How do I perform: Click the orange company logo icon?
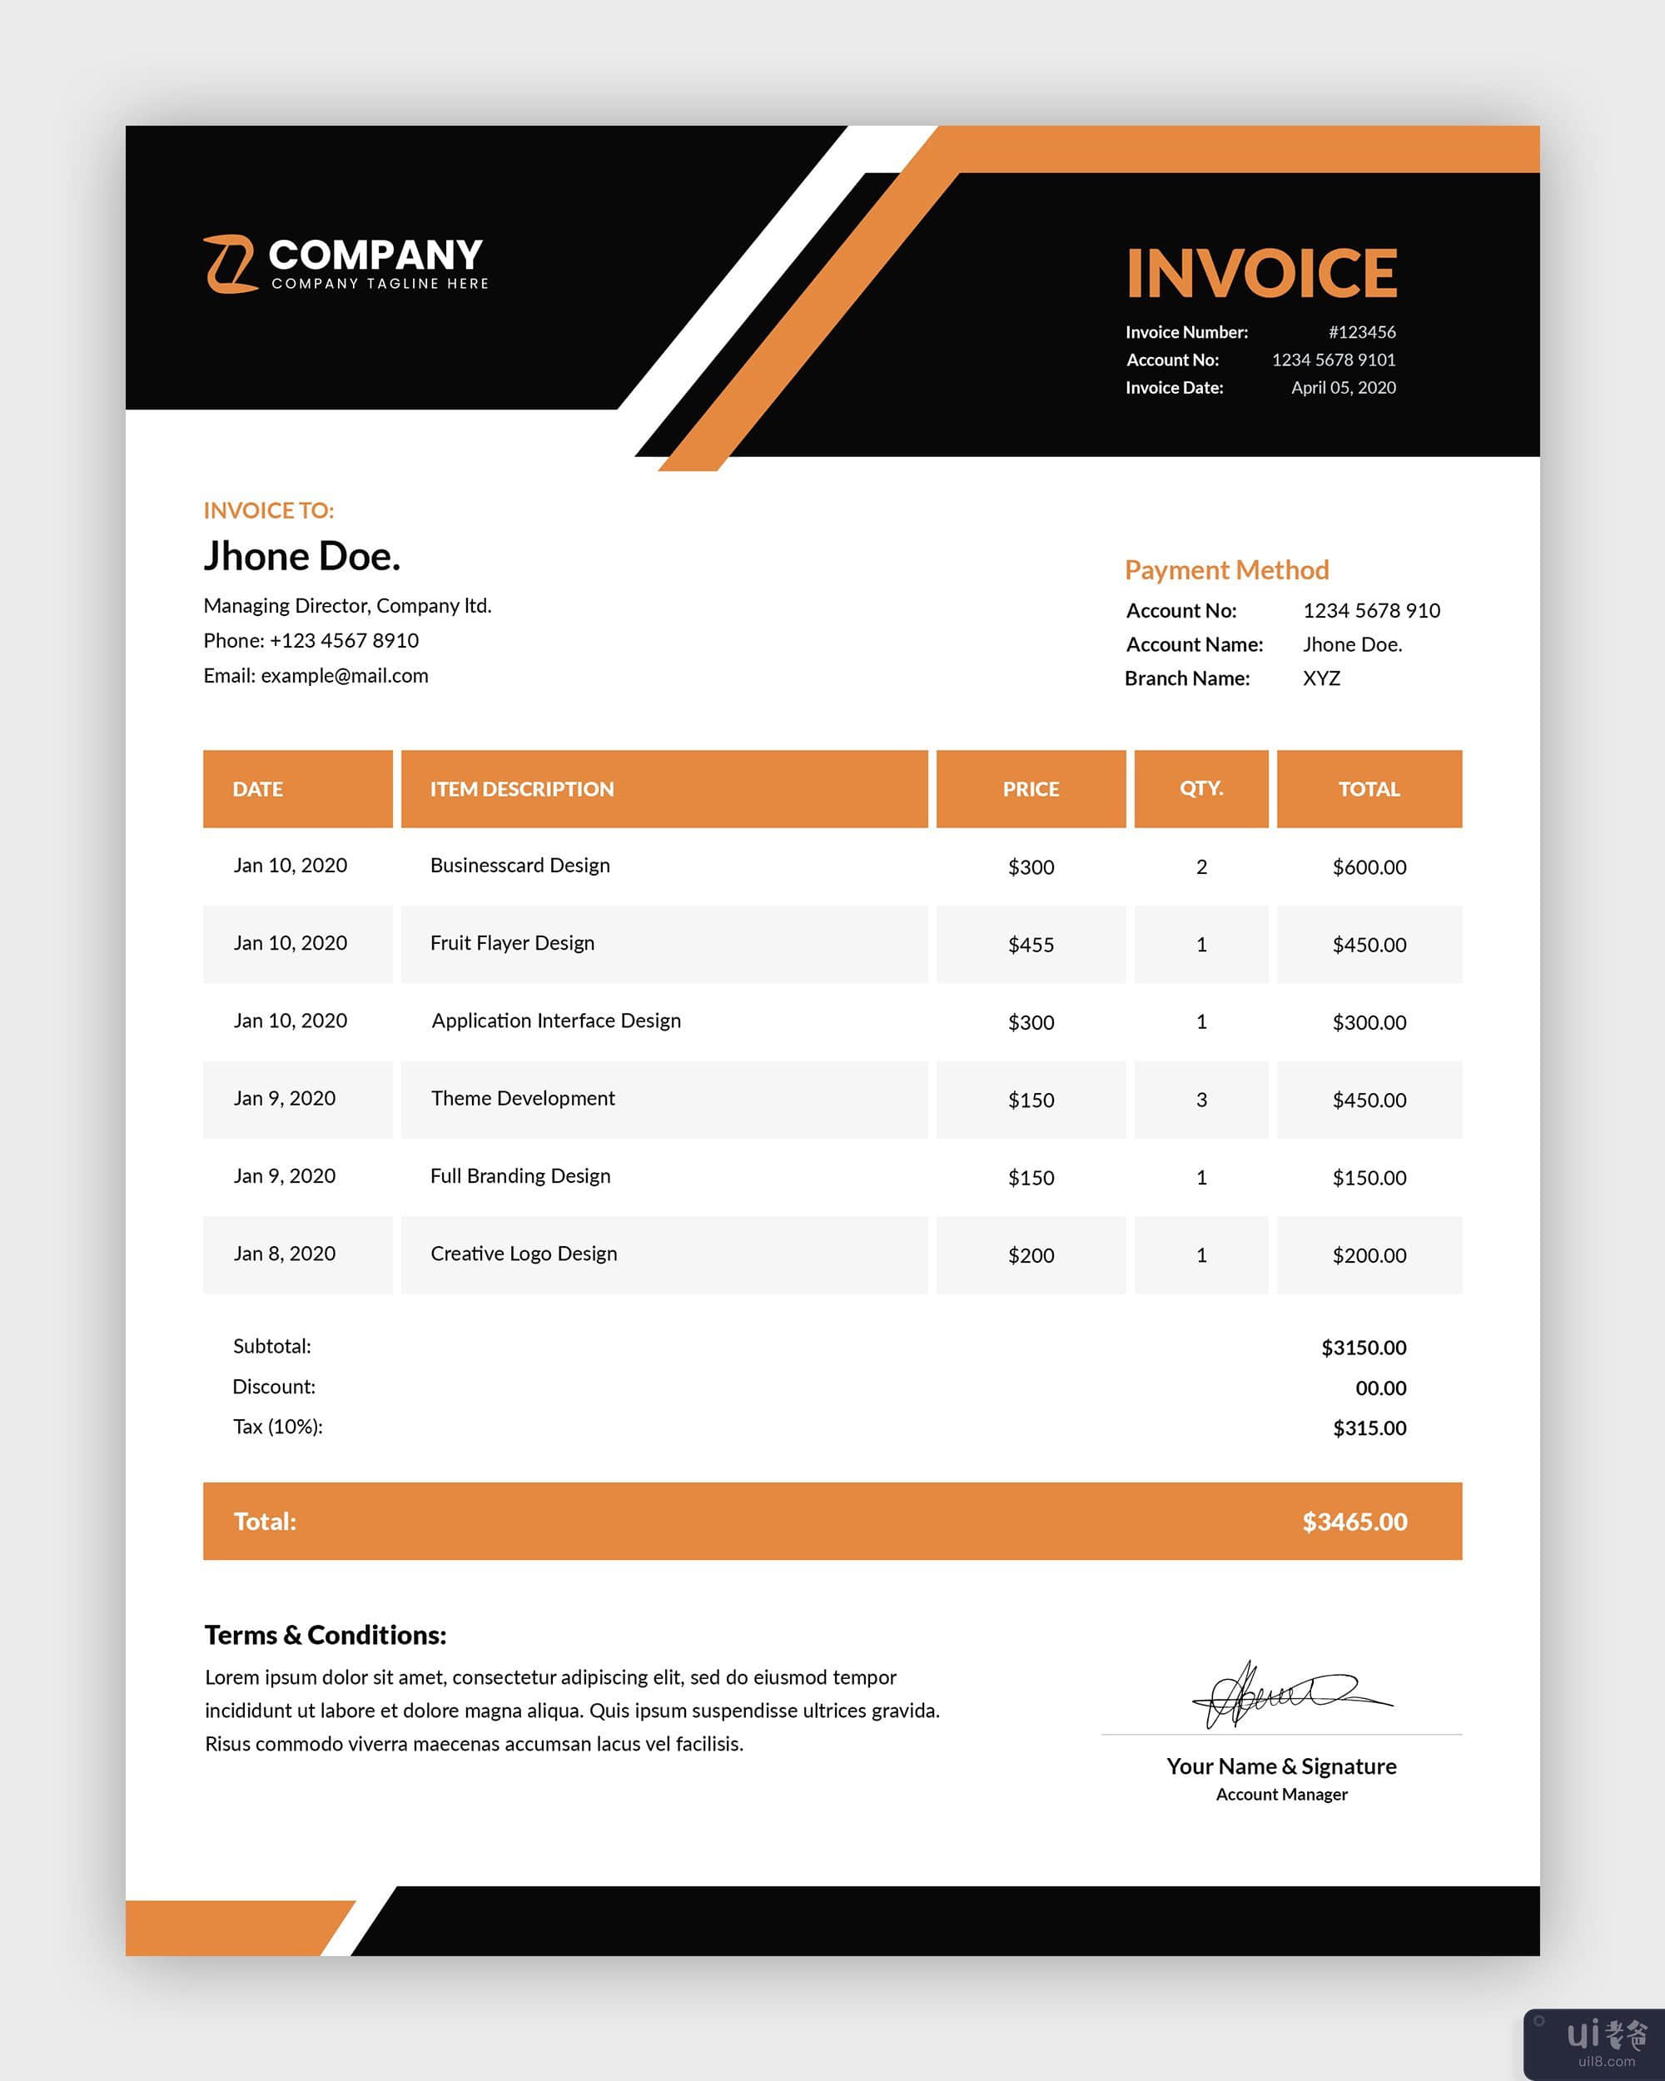230,264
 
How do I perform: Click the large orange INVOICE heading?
1261,273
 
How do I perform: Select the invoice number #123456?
1361,332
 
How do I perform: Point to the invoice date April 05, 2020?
1343,387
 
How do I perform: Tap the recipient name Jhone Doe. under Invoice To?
301,556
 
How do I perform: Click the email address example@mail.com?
344,676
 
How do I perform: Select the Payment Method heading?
1225,569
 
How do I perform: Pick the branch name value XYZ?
1320,678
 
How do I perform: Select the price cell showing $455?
1030,944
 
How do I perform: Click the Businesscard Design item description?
519,865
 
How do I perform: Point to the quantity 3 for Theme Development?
1200,1100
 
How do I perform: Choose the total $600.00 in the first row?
1368,867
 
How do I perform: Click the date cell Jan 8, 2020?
284,1253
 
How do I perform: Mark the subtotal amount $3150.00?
1363,1347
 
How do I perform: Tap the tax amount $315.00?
1368,1428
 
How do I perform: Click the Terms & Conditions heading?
326,1635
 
